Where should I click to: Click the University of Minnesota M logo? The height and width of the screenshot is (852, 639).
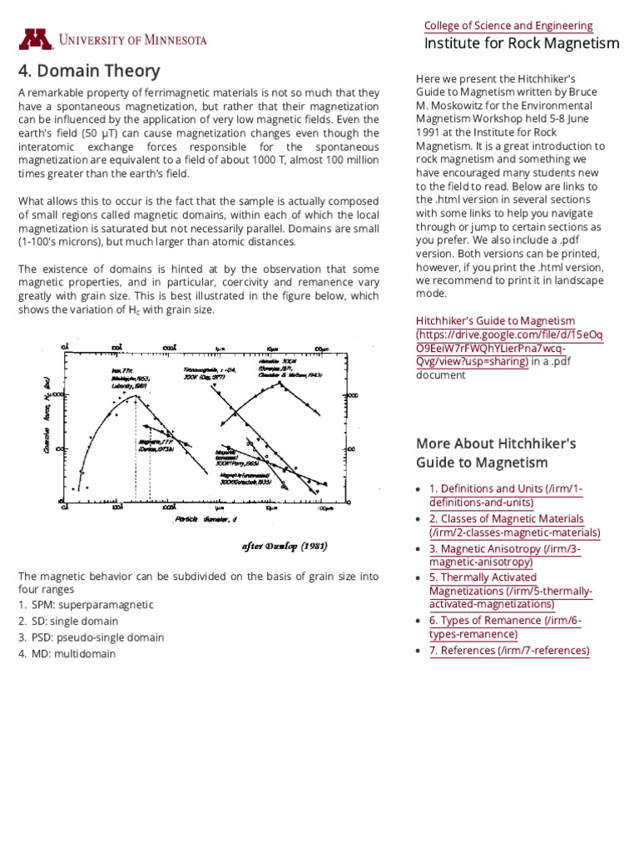point(36,40)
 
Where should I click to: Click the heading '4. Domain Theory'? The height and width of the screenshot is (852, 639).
point(89,71)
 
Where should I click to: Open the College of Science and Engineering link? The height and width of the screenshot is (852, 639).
point(508,26)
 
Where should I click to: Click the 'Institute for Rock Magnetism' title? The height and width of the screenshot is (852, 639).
point(522,43)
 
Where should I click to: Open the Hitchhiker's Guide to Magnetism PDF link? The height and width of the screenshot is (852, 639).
point(508,341)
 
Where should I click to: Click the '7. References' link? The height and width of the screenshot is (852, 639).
point(508,651)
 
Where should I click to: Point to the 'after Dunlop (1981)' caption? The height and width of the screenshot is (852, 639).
point(284,547)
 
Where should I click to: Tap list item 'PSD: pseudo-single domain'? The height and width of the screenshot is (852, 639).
point(97,637)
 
